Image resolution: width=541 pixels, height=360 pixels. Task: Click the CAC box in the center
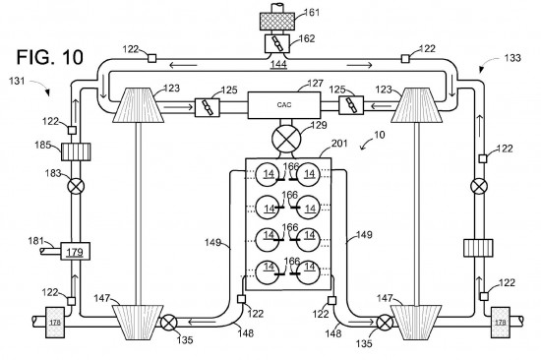(284, 105)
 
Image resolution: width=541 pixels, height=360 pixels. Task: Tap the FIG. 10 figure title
(50, 57)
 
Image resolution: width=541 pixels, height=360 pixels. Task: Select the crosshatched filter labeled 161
(277, 21)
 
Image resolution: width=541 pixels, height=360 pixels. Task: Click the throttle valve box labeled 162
(277, 43)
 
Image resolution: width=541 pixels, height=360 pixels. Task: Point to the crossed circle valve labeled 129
(286, 139)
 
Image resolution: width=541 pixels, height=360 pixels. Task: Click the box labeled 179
(75, 251)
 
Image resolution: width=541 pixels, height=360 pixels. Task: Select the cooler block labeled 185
(76, 151)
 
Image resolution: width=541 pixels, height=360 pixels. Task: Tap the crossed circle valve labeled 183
(76, 186)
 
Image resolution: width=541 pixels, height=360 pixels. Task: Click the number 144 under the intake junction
(278, 64)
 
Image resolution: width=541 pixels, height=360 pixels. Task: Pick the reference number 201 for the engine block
(339, 144)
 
